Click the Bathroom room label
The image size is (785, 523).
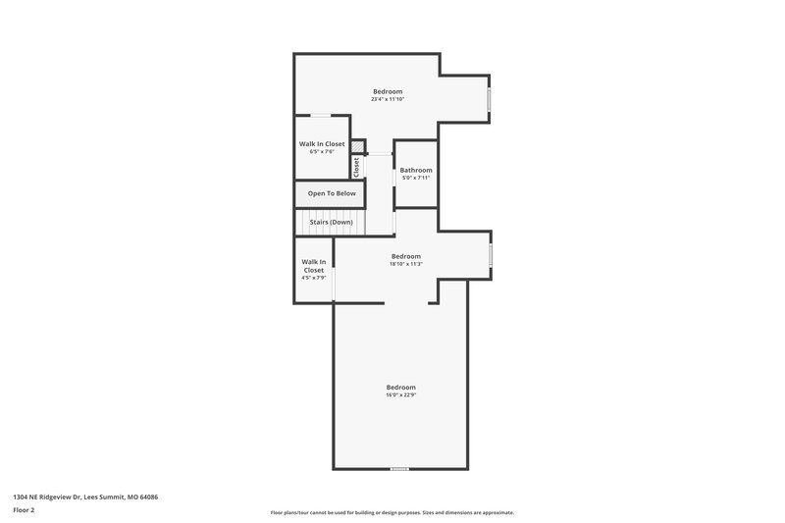(416, 170)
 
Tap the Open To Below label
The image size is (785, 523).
(332, 193)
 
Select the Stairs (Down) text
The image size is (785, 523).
(331, 222)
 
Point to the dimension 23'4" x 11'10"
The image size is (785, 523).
(388, 99)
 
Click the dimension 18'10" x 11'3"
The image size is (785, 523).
(405, 264)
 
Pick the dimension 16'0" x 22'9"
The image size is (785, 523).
(400, 394)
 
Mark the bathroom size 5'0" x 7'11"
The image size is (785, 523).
(416, 178)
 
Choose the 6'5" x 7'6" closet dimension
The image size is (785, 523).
(322, 152)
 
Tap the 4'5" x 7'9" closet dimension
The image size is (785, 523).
(314, 278)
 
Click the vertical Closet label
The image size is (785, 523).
(357, 167)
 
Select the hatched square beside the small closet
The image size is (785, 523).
(358, 147)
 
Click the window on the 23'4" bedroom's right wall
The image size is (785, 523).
(490, 101)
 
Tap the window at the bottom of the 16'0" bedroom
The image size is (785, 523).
(399, 469)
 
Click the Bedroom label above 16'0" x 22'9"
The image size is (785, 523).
(400, 387)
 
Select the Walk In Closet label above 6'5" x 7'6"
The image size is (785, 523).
(322, 144)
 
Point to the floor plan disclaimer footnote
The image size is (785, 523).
(392, 512)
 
